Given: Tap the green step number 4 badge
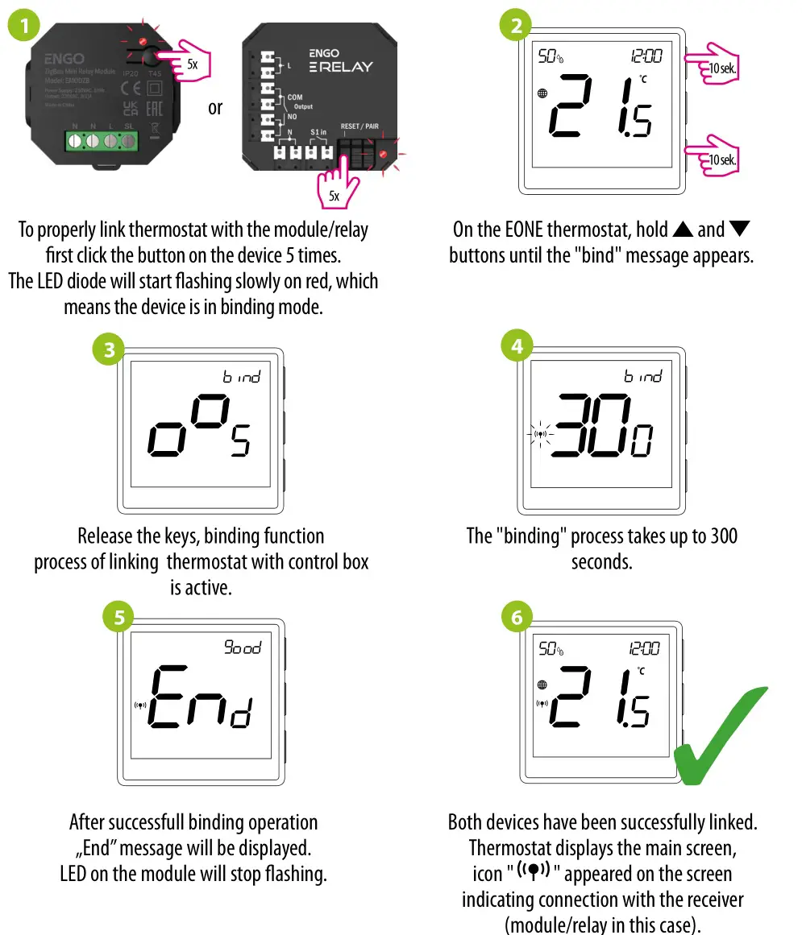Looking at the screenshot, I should (517, 347).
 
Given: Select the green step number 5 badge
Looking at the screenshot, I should (119, 617).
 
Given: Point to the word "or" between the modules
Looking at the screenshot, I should (215, 107).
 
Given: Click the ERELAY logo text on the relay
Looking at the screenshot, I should (342, 67).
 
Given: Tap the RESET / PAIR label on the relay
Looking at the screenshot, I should (359, 126).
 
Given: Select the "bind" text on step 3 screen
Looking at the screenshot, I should (242, 376).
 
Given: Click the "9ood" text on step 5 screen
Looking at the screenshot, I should (243, 647).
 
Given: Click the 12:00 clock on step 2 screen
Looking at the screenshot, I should (646, 56).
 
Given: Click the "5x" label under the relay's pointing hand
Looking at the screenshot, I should (335, 196).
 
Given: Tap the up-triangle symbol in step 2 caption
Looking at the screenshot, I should (683, 230).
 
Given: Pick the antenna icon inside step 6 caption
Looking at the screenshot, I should (534, 870).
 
